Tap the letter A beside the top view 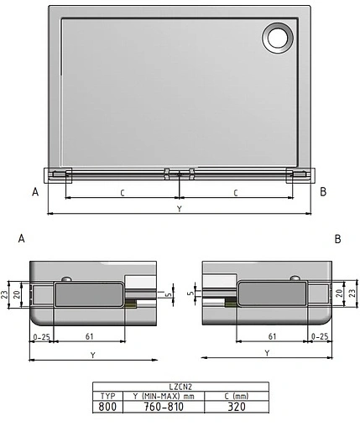pos(35,192)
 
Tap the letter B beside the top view pos(323,192)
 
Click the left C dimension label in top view pos(122,193)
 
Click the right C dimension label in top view pos(235,193)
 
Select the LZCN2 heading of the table pos(180,386)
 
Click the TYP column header pos(107,394)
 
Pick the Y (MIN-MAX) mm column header pos(164,394)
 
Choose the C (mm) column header pos(237,394)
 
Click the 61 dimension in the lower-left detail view pos(89,336)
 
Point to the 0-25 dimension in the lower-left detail pos(41,336)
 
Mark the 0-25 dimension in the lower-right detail pos(319,336)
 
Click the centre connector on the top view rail pos(180,174)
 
